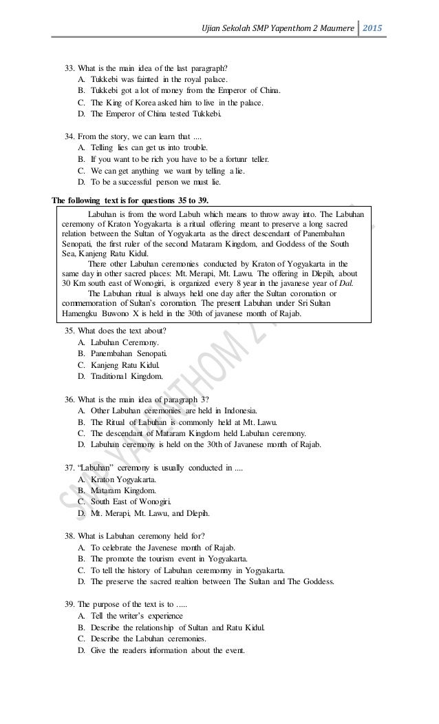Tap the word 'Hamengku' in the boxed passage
tap(81, 313)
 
